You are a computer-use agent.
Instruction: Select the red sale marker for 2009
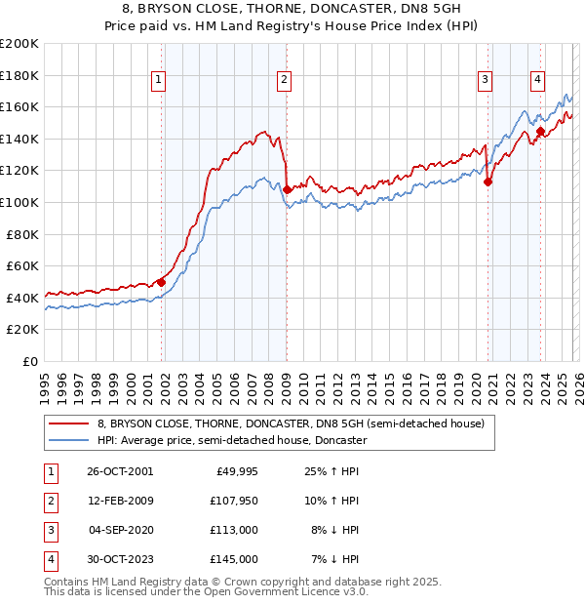coord(287,188)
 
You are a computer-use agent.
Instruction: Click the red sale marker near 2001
coord(162,282)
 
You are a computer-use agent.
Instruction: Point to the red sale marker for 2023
coord(540,130)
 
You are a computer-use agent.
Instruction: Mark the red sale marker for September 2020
coord(487,181)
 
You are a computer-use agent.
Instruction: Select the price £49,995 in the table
coord(235,470)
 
